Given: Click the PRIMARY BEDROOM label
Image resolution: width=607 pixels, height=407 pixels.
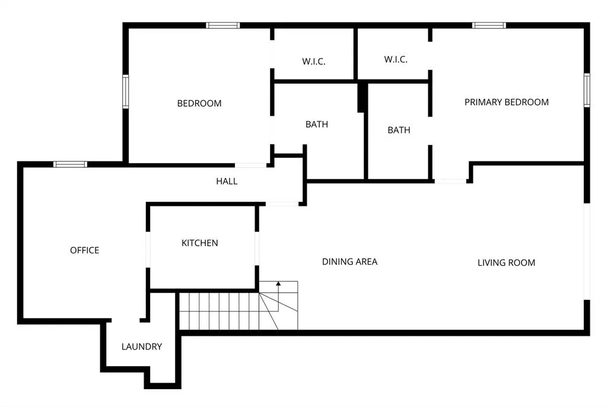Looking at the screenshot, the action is click(x=506, y=102).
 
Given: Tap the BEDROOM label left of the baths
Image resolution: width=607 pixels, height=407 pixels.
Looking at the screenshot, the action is click(x=199, y=103).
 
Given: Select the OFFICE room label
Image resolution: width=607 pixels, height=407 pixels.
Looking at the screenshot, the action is click(x=84, y=250).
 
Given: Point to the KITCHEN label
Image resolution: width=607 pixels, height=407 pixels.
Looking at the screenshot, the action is click(x=200, y=243).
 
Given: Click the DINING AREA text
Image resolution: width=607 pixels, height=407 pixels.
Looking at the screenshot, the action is click(x=349, y=262).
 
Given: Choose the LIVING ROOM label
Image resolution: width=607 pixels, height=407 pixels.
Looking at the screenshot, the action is click(x=506, y=263).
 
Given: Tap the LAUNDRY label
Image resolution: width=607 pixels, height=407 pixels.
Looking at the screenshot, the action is click(x=142, y=346).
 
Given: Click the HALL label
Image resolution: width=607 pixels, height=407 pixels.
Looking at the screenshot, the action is click(x=227, y=181).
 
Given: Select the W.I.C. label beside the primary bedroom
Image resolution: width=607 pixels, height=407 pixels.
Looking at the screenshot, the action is click(x=396, y=59).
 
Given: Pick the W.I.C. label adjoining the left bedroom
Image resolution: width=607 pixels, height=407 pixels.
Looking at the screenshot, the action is click(x=313, y=61).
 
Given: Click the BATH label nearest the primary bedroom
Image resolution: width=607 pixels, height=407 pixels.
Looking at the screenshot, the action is click(x=399, y=130).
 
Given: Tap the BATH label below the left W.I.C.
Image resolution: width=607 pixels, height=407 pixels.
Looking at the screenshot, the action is click(x=317, y=125).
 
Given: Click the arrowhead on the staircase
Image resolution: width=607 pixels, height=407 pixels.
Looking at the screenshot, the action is click(x=278, y=284).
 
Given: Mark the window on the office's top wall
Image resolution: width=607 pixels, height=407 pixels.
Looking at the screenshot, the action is click(x=70, y=164).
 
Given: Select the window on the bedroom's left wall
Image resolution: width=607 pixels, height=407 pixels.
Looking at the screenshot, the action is click(x=125, y=91).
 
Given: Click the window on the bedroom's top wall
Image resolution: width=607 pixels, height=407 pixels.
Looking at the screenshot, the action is click(x=223, y=26).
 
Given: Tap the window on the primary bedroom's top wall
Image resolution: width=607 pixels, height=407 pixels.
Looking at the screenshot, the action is click(x=489, y=26).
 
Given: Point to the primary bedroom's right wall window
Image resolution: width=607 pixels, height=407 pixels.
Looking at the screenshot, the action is click(x=587, y=90).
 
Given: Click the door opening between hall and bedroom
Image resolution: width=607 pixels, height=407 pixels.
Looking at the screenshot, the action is click(x=250, y=166).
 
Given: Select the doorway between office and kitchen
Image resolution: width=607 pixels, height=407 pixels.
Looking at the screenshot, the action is click(x=148, y=250).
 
